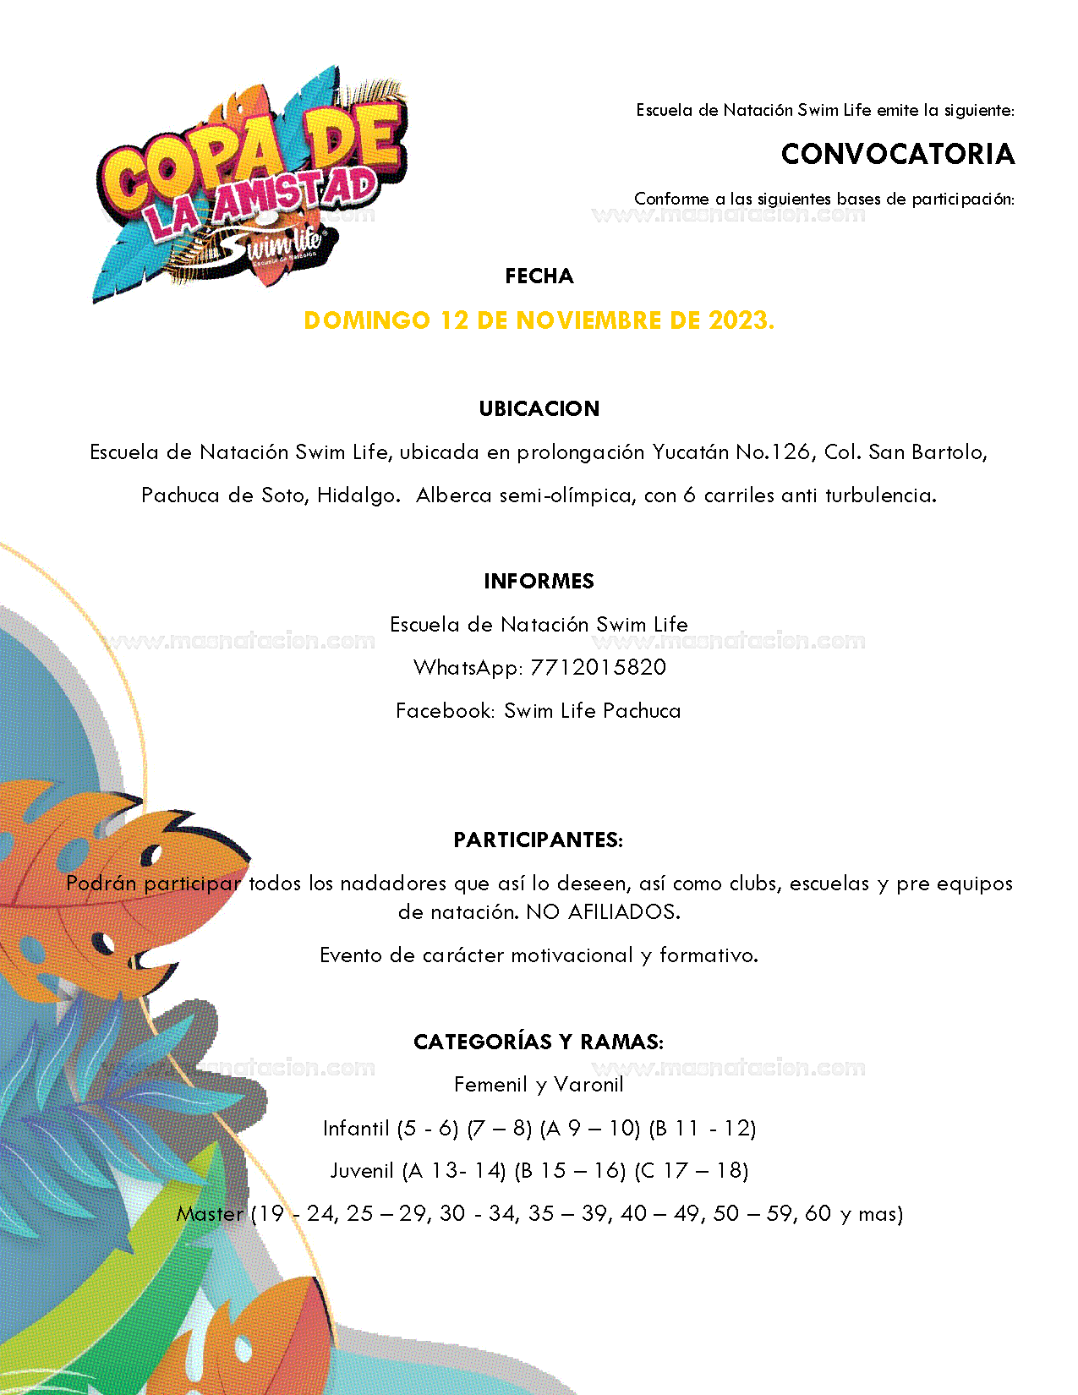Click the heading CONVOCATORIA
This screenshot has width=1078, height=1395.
pyautogui.click(x=897, y=154)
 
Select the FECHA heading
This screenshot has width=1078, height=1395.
pyautogui.click(x=539, y=276)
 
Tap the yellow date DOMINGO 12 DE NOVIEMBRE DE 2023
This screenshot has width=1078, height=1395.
pyautogui.click(x=539, y=321)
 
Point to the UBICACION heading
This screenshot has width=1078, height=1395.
pyautogui.click(x=539, y=409)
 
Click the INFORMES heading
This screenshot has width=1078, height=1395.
pyautogui.click(x=539, y=582)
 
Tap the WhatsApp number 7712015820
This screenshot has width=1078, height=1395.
pyautogui.click(x=598, y=668)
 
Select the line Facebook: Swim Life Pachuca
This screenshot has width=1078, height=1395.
pyautogui.click(x=539, y=711)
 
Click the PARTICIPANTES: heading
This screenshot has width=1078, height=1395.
pyautogui.click(x=539, y=840)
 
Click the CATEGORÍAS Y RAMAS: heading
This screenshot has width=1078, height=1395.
pyautogui.click(x=539, y=1042)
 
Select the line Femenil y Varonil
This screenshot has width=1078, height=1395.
pyautogui.click(x=539, y=1085)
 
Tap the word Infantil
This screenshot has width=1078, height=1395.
pyautogui.click(x=356, y=1129)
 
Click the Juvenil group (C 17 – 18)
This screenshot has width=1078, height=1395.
pyautogui.click(x=692, y=1171)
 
